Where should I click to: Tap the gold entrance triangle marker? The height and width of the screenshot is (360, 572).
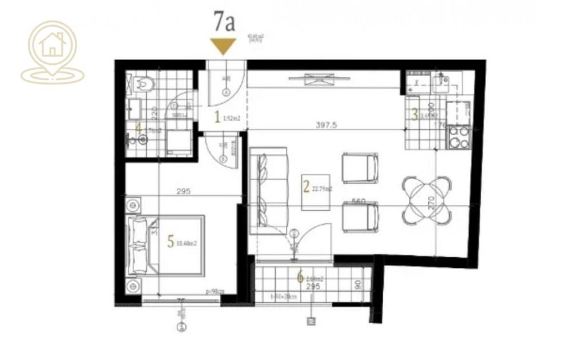pyautogui.click(x=223, y=45)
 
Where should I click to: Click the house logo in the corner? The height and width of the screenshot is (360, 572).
pyautogui.click(x=52, y=52)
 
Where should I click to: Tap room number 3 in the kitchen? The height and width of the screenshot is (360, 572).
pyautogui.click(x=415, y=114)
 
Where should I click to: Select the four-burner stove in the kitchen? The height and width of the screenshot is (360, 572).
pyautogui.click(x=459, y=137)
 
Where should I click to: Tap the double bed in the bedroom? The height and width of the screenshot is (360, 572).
pyautogui.click(x=166, y=245)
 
